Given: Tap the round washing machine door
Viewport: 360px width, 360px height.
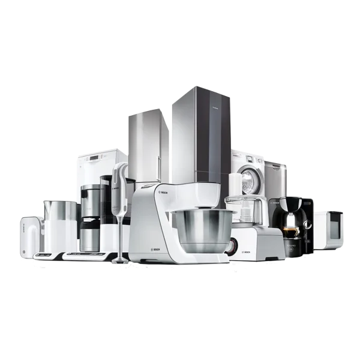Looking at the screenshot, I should coord(248,178).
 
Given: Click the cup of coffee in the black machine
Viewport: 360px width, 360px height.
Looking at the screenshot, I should coord(291,231).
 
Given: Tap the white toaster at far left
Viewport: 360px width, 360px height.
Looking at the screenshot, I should coord(30,237).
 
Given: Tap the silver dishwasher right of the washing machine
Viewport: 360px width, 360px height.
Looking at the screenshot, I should coord(275,180).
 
